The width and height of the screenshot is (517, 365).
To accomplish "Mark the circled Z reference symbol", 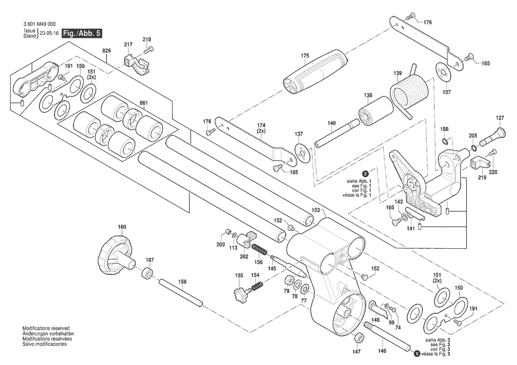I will pos(365,174).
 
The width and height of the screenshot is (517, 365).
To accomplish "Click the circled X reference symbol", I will pos(417,354).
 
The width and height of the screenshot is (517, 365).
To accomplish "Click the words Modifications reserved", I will pos(46,328).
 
